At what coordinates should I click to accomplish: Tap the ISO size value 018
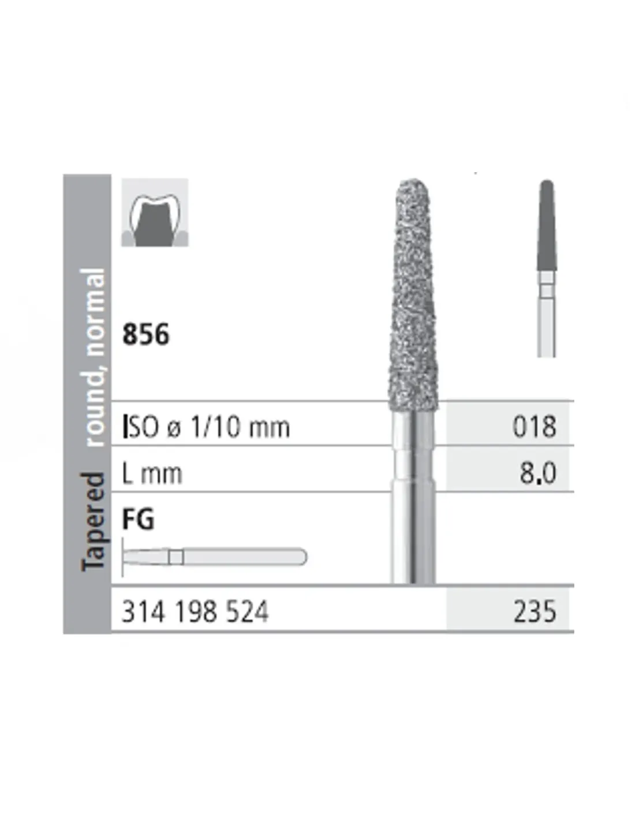coord(534,427)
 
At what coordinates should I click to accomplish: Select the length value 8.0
coord(538,473)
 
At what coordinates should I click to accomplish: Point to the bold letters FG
coord(138,520)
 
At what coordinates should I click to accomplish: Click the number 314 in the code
coord(143,611)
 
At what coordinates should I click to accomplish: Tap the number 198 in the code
coord(196,611)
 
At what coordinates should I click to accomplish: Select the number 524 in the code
coord(247,611)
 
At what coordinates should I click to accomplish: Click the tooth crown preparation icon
coord(155,212)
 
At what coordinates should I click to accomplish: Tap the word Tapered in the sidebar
coord(93,522)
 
